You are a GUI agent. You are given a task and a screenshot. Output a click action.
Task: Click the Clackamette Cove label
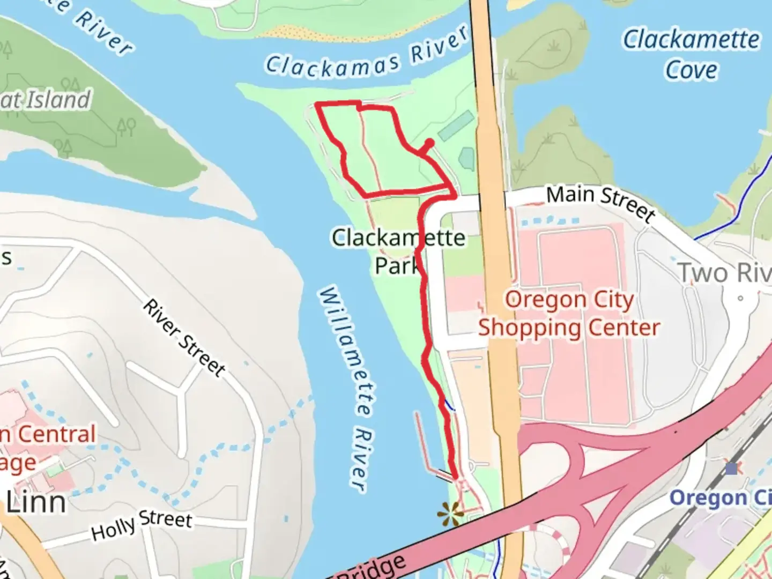pos(691,54)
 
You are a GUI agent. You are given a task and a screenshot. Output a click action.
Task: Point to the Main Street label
pos(600,202)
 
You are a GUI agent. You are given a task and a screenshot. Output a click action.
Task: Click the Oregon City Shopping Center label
pos(569,314)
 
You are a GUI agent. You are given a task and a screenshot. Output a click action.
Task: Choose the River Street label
pos(184,337)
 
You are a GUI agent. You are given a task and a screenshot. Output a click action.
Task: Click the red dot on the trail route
pos(429,143)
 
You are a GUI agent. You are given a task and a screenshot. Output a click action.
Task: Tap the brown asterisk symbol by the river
pos(450,513)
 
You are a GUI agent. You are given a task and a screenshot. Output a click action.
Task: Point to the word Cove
pos(691,70)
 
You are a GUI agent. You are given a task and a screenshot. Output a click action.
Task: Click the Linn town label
pos(36,503)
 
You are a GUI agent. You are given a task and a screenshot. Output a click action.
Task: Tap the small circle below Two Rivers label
pos(740,298)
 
